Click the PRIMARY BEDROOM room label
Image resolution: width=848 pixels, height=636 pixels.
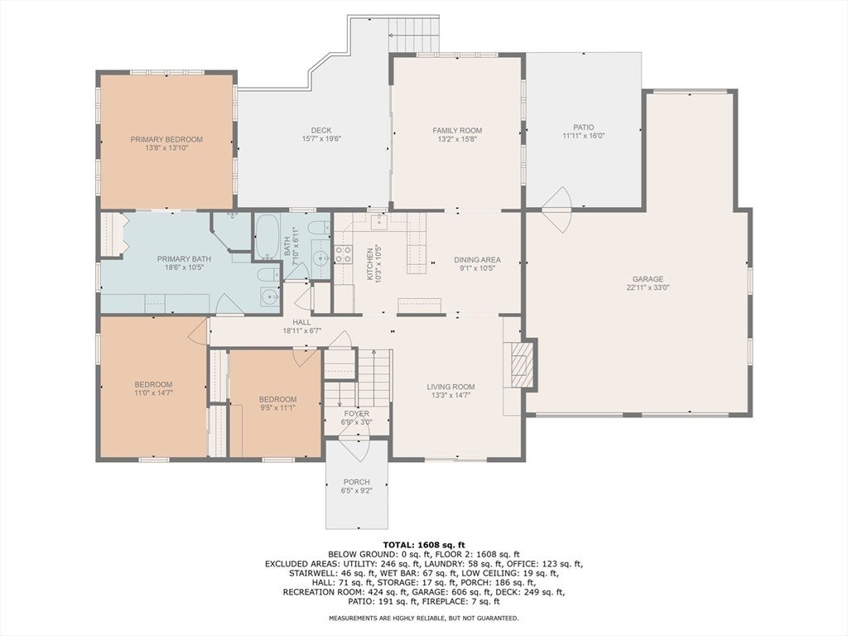[166, 139]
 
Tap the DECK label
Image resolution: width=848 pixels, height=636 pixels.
[321, 130]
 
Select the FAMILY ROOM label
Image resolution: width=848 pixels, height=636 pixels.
[457, 130]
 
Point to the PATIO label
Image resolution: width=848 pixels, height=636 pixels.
[584, 128]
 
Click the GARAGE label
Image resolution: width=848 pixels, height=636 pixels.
[648, 279]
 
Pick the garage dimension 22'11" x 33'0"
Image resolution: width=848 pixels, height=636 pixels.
[648, 287]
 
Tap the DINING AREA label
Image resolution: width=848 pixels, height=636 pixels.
[477, 259]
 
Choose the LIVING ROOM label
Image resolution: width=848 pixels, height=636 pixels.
[450, 387]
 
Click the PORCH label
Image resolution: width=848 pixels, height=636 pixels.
[356, 482]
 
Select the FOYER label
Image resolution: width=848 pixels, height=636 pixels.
[356, 414]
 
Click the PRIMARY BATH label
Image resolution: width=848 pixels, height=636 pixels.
[184, 258]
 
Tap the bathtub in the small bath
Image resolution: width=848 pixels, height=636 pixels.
[267, 236]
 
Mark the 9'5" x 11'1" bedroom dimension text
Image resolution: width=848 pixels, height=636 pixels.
[277, 408]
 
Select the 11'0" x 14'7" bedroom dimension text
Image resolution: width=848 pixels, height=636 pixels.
[153, 393]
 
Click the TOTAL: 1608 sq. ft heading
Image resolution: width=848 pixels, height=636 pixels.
[424, 545]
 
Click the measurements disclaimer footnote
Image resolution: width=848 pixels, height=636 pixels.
[424, 618]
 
